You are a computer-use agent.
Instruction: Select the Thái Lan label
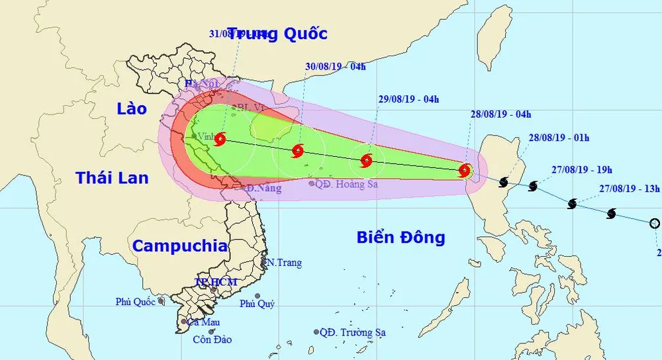[112, 177]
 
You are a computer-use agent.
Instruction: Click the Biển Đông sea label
[401, 238]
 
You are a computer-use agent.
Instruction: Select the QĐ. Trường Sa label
[352, 332]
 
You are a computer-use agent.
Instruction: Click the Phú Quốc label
[136, 301]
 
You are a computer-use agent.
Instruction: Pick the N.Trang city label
[283, 263]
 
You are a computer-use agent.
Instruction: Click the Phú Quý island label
[257, 304]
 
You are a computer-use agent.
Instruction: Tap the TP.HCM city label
[215, 282]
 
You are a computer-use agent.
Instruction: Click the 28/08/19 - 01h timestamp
[559, 138]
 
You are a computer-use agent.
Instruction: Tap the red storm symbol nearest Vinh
[220, 139]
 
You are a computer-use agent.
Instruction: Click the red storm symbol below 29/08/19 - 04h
[366, 160]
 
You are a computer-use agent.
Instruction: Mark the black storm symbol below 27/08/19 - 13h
[611, 214]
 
